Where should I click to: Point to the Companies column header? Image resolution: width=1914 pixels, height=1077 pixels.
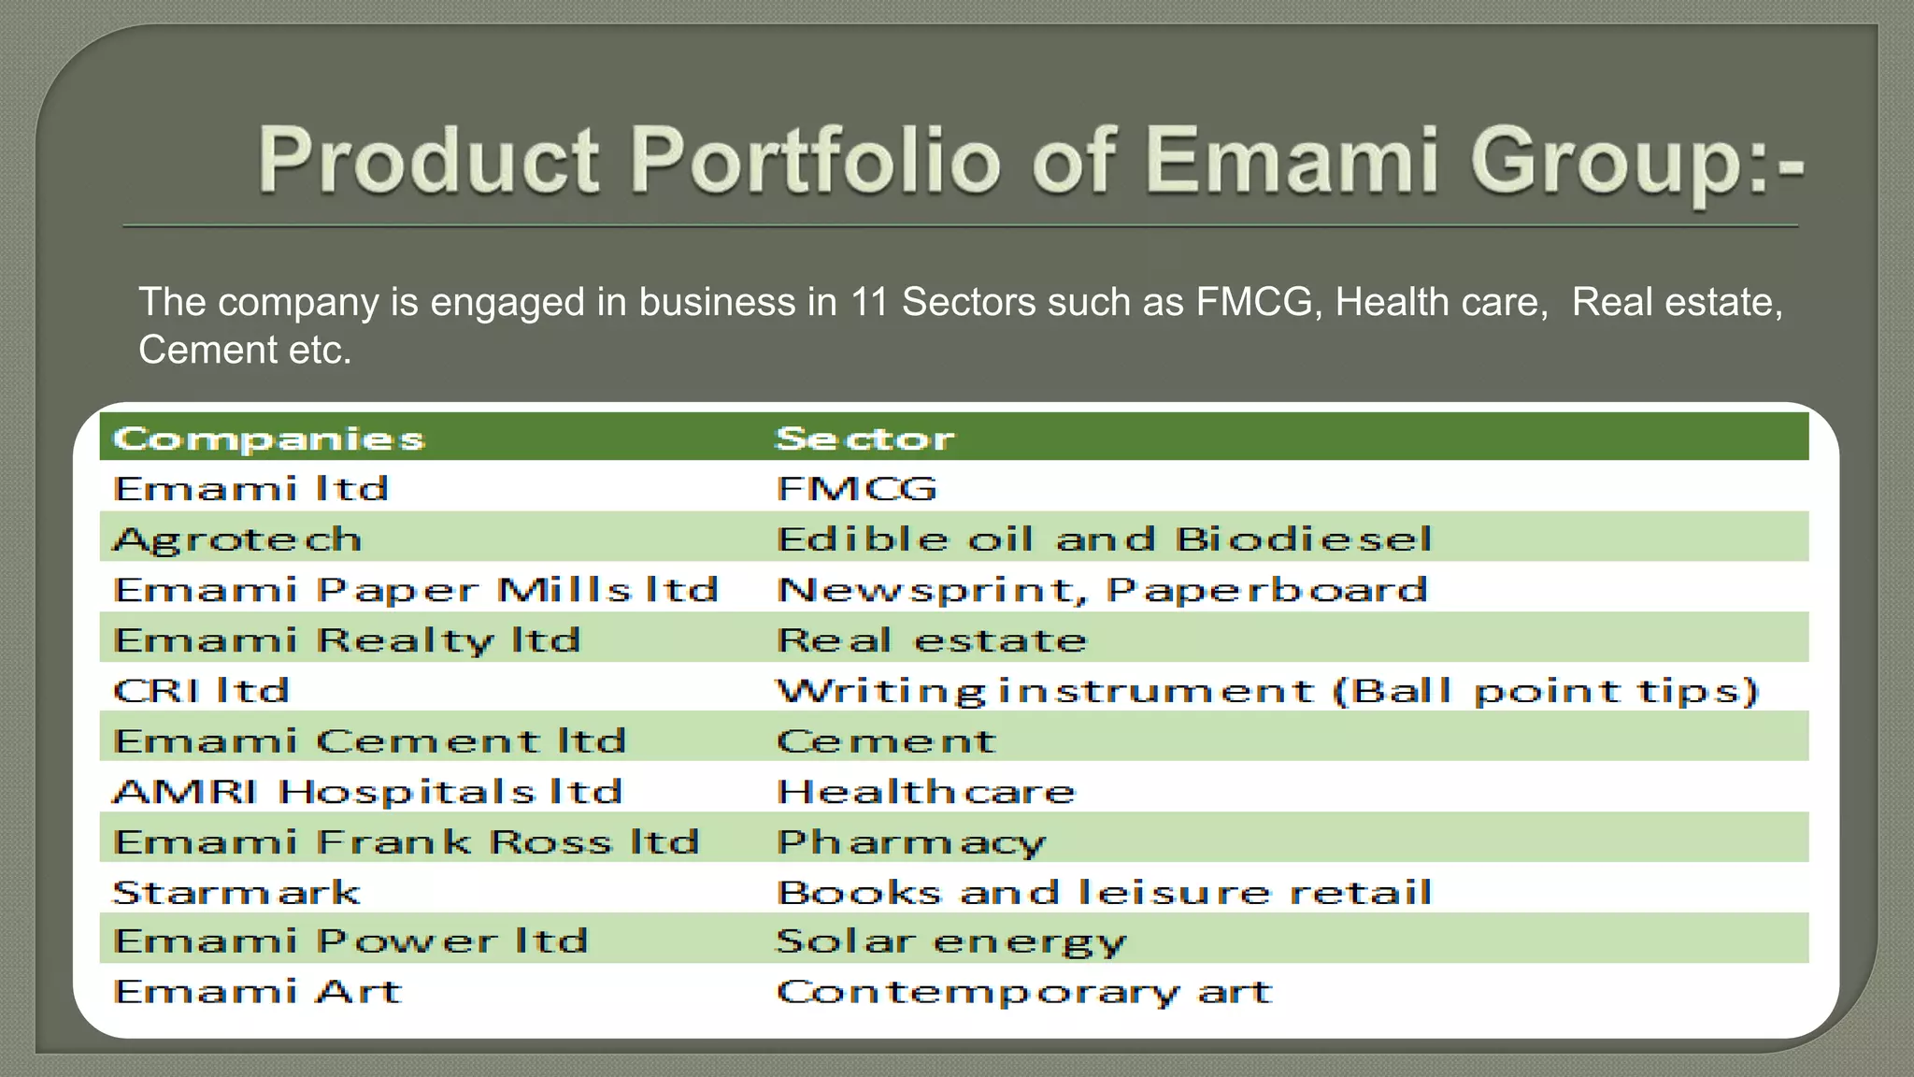269,438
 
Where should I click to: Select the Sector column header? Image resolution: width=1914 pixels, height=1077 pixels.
865,438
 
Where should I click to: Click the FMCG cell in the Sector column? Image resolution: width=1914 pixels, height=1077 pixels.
856,489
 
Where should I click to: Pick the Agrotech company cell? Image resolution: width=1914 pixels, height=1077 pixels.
237,539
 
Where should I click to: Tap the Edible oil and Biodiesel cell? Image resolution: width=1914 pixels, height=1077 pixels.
1104,539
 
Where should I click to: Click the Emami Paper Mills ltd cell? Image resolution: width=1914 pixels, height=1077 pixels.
416,590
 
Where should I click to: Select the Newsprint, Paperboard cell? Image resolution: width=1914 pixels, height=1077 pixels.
1103,590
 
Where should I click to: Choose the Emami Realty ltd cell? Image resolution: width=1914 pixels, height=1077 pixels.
347,640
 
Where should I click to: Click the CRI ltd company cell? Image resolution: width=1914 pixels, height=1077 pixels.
202,691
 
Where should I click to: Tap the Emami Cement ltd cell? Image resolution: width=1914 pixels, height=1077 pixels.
369,741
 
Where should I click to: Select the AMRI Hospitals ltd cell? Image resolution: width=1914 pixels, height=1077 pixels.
367,792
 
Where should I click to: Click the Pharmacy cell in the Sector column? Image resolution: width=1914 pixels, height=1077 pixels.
911,842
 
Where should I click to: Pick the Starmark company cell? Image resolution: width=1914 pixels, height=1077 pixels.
236,892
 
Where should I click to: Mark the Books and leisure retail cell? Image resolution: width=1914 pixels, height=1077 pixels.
1104,892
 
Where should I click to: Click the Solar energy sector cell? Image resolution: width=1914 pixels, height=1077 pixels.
951,941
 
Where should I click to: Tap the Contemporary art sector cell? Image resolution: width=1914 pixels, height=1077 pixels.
1024,992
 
